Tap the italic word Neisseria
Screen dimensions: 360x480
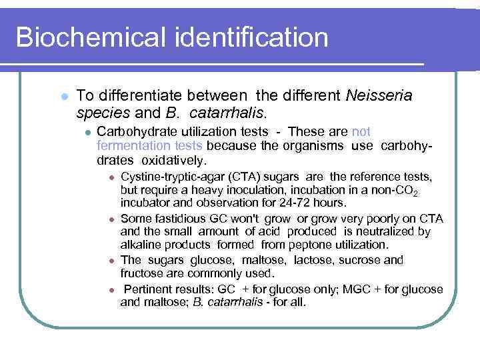tap(379, 96)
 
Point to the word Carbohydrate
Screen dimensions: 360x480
tap(135, 131)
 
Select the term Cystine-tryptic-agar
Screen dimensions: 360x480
tap(177, 177)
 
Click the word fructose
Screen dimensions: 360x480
tap(143, 273)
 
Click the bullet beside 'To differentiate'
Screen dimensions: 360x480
tap(64, 97)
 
